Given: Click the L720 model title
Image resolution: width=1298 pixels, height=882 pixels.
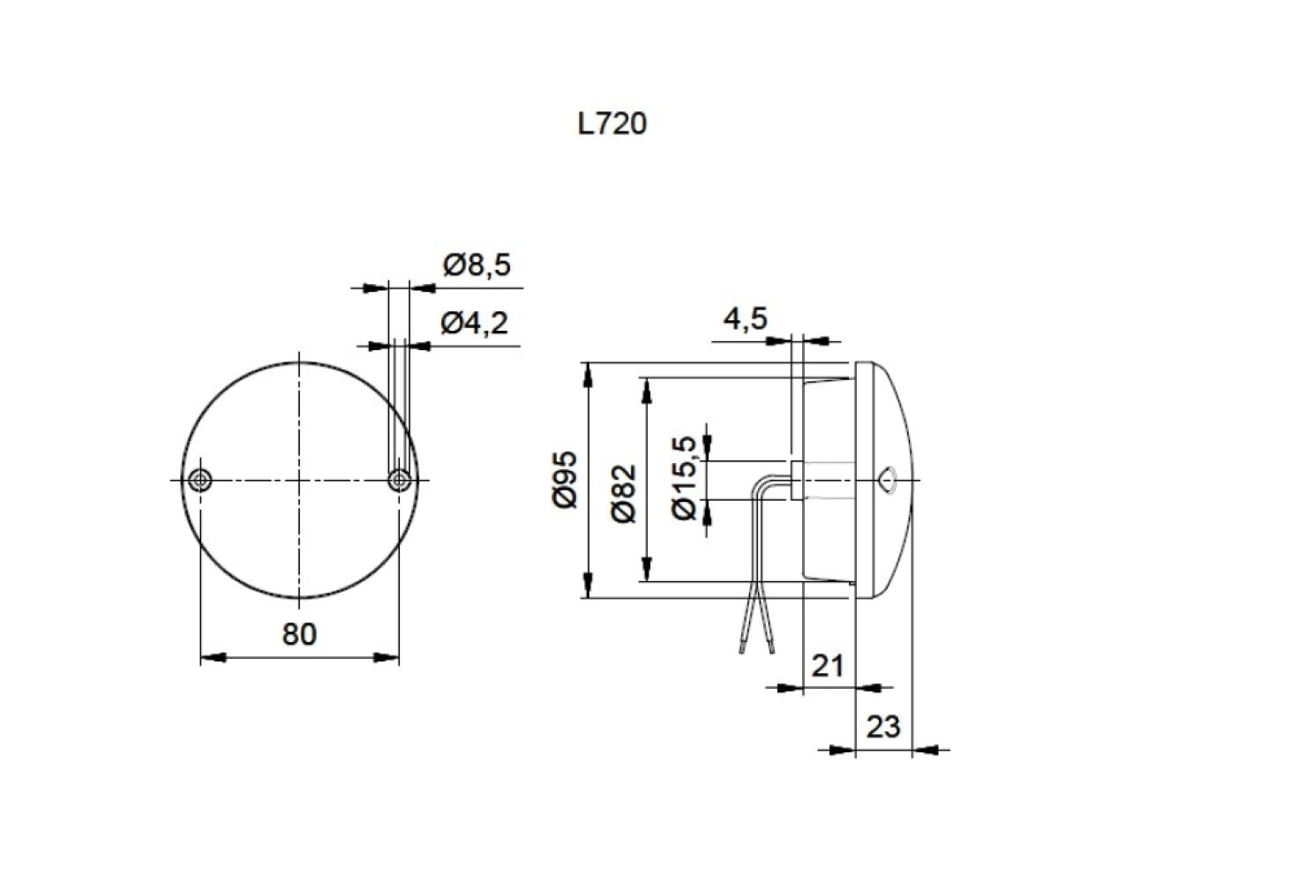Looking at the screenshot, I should coord(611,124).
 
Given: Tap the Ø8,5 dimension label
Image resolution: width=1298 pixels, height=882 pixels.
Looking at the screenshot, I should coord(477,265).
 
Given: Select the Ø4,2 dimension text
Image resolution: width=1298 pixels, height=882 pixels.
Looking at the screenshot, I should coord(475,324).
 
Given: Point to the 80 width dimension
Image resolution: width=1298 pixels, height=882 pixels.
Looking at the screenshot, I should coord(299,633).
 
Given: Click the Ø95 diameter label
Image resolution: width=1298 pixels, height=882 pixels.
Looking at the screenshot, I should coord(565,479).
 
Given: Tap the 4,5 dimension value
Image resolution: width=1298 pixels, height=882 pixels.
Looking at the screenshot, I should coord(746,318).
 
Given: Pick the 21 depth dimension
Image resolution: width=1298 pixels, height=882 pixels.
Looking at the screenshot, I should coord(828,665).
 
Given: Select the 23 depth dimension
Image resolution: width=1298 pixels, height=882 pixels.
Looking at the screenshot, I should coord(882,727).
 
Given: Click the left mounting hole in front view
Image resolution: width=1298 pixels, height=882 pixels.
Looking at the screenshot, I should coord(201,480).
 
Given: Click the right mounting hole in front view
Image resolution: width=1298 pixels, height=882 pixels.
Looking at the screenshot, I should coord(400,480).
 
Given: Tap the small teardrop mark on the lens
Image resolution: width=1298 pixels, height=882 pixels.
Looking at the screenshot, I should coord(889,480).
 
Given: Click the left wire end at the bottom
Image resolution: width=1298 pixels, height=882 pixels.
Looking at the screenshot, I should coord(743,650).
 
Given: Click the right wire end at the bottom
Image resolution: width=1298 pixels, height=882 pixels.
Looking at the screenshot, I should coord(772,650).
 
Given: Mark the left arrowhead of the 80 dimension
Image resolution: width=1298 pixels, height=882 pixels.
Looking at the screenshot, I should coord(213,657).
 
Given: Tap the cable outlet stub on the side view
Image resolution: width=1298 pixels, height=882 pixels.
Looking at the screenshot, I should coord(796,480).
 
